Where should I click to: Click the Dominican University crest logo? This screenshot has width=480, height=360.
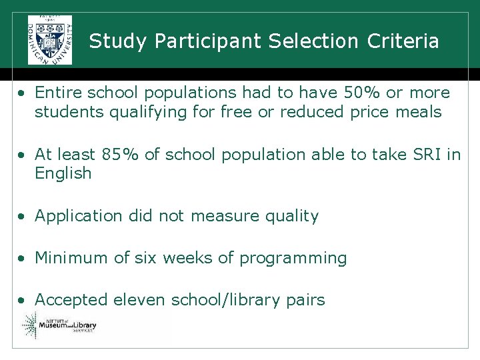(x=50, y=39)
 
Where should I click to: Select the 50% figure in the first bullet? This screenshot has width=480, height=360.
(x=359, y=93)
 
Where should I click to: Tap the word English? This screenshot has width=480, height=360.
(x=63, y=173)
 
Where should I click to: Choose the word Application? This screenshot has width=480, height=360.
(x=79, y=216)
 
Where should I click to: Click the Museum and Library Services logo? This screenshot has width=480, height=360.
(x=60, y=326)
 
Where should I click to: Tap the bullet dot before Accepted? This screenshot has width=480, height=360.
(x=22, y=301)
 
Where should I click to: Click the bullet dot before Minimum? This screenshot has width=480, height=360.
(x=22, y=259)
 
